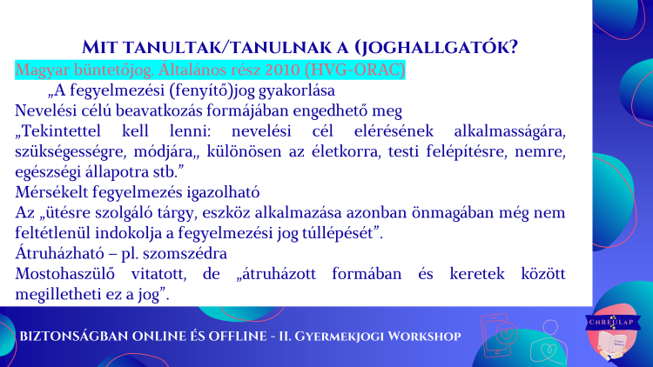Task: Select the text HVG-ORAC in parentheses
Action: (355, 70)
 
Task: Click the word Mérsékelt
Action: (51, 192)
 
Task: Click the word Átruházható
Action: (57, 253)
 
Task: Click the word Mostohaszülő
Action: (64, 274)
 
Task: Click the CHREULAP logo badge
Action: (612, 332)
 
